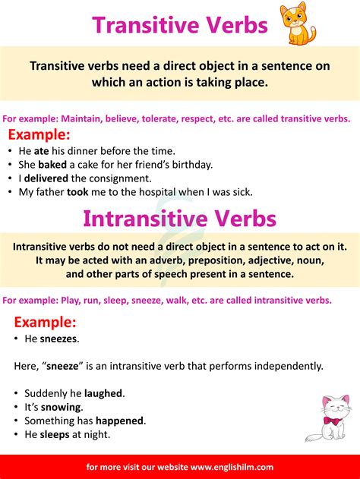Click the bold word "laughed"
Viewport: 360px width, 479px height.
click(x=104, y=393)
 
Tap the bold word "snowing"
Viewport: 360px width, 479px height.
click(x=60, y=407)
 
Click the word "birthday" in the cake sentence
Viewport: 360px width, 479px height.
click(x=191, y=164)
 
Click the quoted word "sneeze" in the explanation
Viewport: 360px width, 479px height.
click(x=66, y=366)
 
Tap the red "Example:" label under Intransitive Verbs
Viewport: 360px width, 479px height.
click(x=45, y=321)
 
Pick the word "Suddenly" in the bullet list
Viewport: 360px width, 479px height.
click(x=46, y=393)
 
